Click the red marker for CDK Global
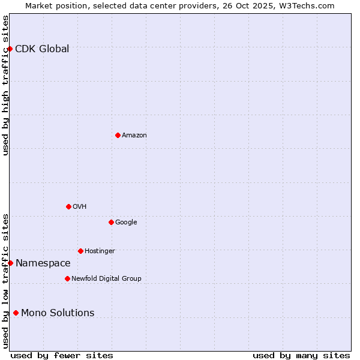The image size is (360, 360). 10,49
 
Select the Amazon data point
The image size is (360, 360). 118,135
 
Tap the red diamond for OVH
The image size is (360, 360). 68,206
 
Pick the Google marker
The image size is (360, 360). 111,222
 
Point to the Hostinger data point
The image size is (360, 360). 80,251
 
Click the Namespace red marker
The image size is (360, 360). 10,263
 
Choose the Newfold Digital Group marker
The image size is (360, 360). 67,278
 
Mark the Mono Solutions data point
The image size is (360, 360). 16,313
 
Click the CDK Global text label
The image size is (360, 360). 42,49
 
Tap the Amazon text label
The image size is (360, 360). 134,136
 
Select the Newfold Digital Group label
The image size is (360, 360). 106,278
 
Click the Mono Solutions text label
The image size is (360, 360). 58,313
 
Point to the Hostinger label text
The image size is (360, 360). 100,251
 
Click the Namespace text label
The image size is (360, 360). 43,263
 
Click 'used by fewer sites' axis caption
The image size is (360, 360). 62,355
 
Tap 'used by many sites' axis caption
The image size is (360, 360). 301,355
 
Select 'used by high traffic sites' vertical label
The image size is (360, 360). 5,85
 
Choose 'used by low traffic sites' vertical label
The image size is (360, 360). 5,280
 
